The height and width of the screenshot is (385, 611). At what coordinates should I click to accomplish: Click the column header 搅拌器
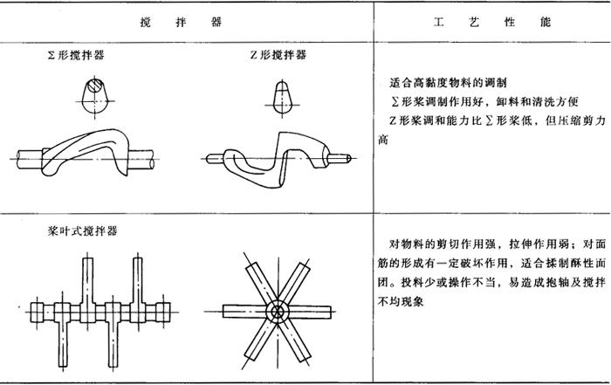pyautogui.click(x=181, y=22)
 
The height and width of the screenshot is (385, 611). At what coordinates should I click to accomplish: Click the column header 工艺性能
pyautogui.click(x=492, y=22)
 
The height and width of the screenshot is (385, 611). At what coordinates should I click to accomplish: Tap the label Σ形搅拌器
pyautogui.click(x=76, y=55)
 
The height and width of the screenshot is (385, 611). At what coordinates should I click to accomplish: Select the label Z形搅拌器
pyautogui.click(x=278, y=55)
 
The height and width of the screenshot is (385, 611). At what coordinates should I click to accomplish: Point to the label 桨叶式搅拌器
pyautogui.click(x=82, y=231)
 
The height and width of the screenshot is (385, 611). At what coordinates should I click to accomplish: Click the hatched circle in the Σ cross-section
pyautogui.click(x=95, y=86)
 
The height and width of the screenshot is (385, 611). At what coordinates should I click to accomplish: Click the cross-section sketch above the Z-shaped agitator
pyautogui.click(x=282, y=98)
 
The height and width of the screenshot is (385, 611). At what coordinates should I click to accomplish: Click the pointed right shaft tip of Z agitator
pyautogui.click(x=350, y=158)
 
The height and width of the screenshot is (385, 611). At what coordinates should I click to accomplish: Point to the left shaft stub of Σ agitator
pyautogui.click(x=29, y=159)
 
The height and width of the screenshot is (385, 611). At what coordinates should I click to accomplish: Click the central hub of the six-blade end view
pyautogui.click(x=277, y=312)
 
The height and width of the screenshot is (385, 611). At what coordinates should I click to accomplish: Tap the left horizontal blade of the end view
pyautogui.click(x=244, y=312)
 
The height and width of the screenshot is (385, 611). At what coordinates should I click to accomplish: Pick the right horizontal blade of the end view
pyautogui.click(x=310, y=312)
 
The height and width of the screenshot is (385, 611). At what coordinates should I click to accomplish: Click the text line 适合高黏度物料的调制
pyautogui.click(x=448, y=83)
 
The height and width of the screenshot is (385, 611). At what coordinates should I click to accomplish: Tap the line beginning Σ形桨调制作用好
pyautogui.click(x=484, y=101)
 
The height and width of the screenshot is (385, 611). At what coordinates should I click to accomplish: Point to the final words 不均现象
pyautogui.click(x=401, y=301)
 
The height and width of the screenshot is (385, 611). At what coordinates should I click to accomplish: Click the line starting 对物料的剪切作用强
pyautogui.click(x=498, y=244)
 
